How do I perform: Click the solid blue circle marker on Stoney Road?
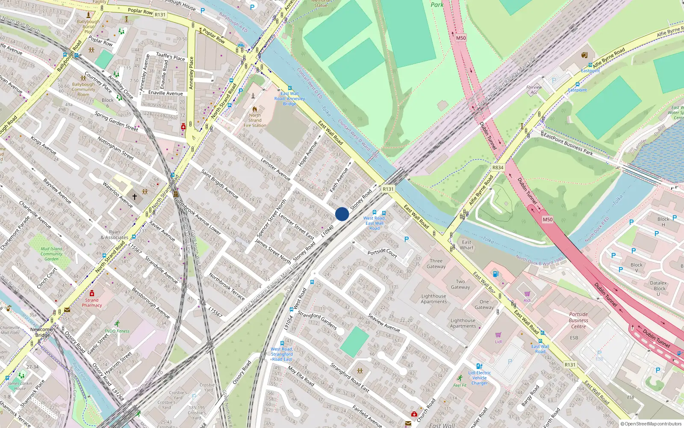342,214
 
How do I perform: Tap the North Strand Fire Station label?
255,120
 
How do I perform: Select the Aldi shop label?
528,300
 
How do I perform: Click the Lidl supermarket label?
498,342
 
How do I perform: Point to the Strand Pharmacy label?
92,303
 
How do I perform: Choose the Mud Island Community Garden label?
51,254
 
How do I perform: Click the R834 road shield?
498,168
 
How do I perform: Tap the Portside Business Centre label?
578,320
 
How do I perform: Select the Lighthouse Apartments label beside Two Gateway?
434,299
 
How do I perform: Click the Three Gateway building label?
436,264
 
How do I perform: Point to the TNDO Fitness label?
117,331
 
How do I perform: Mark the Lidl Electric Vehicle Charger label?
479,378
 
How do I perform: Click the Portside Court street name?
382,253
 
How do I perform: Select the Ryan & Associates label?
115,235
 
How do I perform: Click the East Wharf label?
467,245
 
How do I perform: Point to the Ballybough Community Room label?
83,89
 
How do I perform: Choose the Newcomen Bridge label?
42,332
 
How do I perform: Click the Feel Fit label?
460,385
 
